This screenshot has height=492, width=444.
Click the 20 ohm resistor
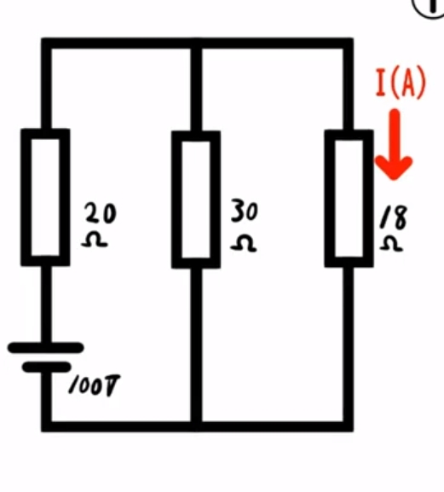point(26,197)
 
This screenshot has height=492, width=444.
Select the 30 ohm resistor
point(176,200)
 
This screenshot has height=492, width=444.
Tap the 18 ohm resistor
point(330,199)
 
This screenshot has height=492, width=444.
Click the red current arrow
point(394,144)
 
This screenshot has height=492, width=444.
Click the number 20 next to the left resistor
point(101,213)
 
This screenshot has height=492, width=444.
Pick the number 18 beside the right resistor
point(394,217)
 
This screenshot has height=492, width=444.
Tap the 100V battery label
point(94,385)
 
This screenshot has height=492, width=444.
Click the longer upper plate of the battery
point(46,348)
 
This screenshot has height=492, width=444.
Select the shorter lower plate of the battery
point(47,367)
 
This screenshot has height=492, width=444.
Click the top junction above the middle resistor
point(196,43)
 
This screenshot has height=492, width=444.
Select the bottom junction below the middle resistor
point(196,426)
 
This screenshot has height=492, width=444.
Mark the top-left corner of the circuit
point(46,43)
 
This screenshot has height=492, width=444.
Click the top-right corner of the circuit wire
point(349,43)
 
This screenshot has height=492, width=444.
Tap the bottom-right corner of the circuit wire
point(349,426)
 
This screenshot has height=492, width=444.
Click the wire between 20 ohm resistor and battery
point(46,304)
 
